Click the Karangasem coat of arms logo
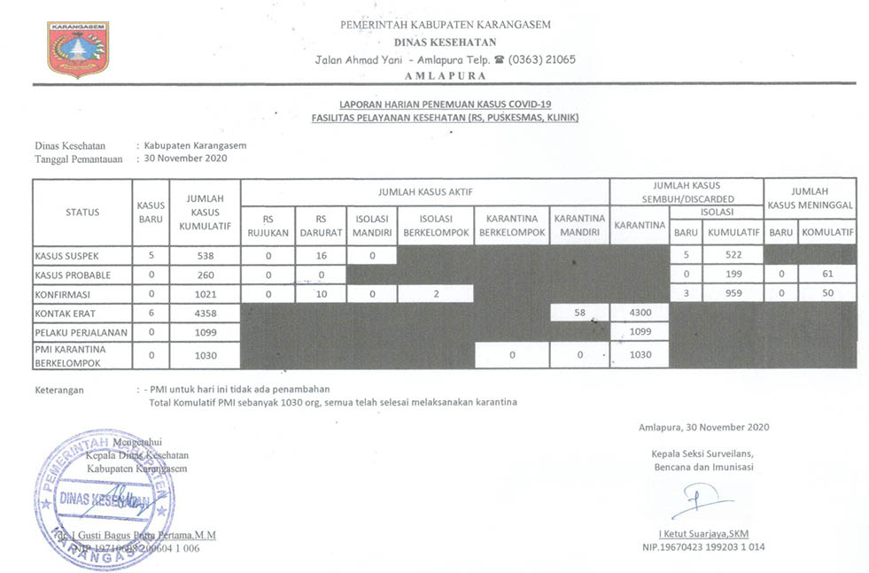click(77, 50)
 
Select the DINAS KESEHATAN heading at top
click(445, 42)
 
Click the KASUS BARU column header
click(151, 212)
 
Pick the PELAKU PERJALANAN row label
click(81, 332)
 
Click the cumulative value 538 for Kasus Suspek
click(205, 255)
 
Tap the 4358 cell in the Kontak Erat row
click(205, 313)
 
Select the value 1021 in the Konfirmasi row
click(205, 293)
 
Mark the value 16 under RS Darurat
click(322, 255)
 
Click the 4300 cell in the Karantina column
click(639, 313)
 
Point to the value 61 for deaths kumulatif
click(826, 275)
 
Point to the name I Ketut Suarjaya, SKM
click(703, 534)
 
